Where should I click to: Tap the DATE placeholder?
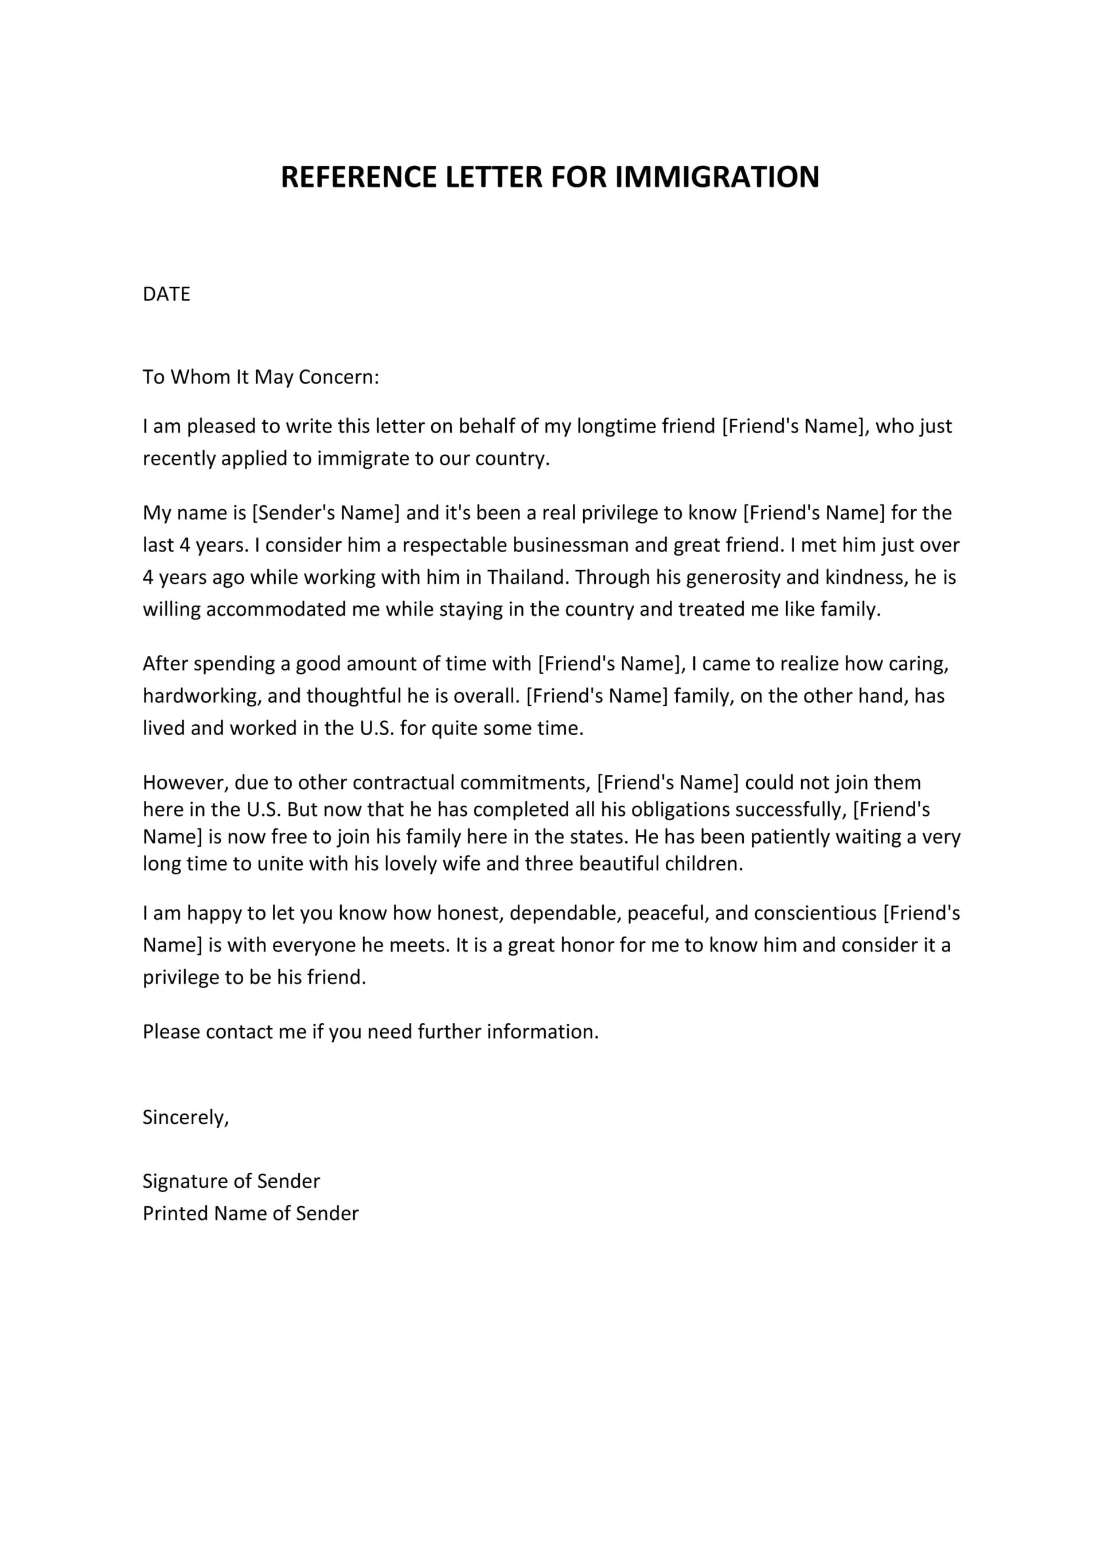tap(166, 294)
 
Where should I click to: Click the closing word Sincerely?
tap(185, 1118)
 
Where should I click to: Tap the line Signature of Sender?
tap(231, 1181)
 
